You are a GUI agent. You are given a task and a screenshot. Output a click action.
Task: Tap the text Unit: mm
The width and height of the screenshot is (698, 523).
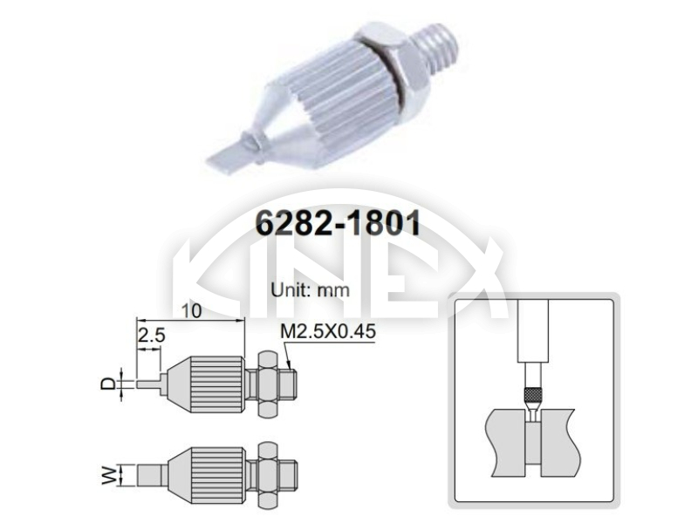coord(311,290)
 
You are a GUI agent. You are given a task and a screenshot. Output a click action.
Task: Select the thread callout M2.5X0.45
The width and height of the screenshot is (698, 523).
coord(328,331)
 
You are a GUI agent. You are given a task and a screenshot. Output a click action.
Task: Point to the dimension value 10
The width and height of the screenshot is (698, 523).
coord(191,311)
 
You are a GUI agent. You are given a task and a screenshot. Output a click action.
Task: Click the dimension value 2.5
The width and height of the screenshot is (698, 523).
coord(151,335)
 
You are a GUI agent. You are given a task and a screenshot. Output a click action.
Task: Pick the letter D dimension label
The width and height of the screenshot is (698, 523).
coord(107,384)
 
